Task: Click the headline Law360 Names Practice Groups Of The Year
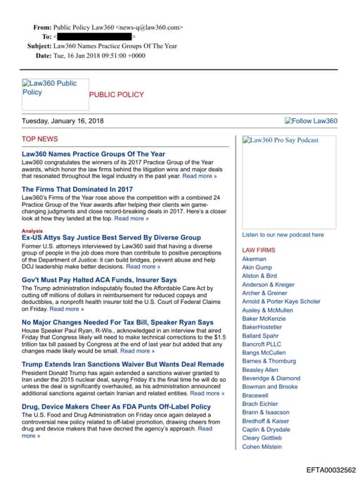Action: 94,154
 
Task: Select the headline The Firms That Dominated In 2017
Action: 77,189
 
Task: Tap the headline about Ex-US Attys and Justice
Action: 111,238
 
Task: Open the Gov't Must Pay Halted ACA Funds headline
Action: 99,280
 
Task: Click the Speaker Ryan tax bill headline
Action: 117,322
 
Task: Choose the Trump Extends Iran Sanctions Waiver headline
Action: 123,364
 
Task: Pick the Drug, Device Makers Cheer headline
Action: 116,407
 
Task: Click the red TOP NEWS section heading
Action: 40,139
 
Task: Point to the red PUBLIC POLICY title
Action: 116,94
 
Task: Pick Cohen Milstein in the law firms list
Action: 262,446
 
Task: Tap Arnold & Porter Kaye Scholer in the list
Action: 281,302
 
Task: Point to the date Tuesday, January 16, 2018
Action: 63,121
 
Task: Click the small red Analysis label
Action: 32,231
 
